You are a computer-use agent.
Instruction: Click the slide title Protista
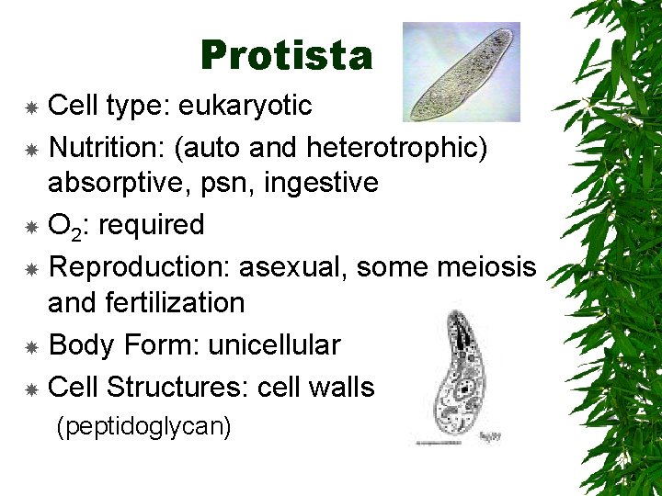pos(286,56)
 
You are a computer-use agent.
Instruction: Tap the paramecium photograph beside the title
pos(461,73)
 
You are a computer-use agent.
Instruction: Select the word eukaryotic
pos(245,107)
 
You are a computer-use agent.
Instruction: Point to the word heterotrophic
pos(402,145)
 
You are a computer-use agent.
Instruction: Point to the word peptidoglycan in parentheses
pos(143,426)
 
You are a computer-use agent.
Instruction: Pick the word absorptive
pos(105,183)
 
